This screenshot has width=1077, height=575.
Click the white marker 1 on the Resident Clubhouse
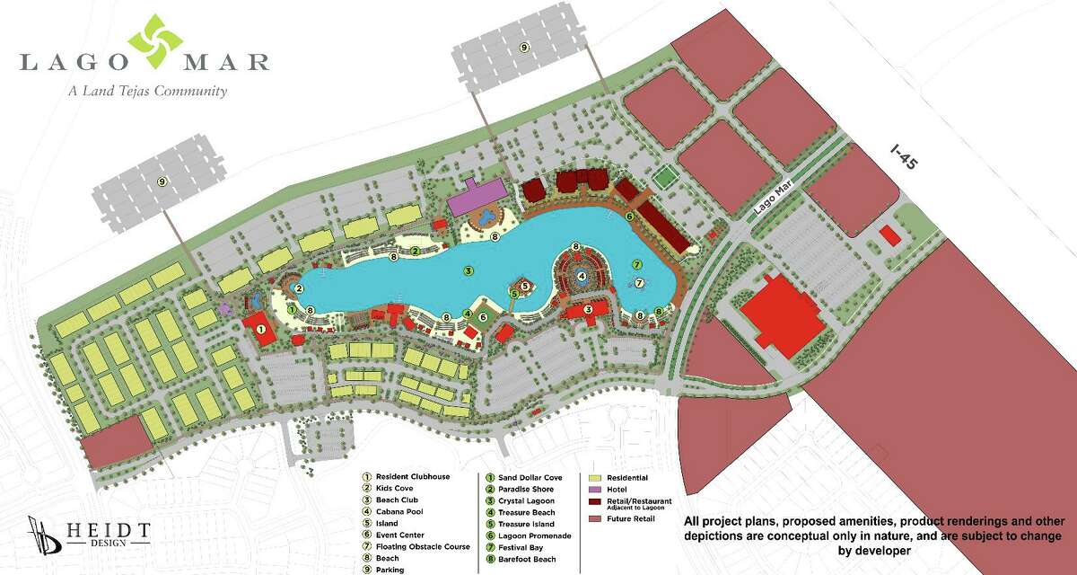pyautogui.click(x=260, y=331)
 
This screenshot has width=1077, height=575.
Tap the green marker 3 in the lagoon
pyautogui.click(x=467, y=269)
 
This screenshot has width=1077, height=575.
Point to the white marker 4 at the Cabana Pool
pyautogui.click(x=582, y=276)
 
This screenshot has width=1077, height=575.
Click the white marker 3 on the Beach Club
pyautogui.click(x=588, y=310)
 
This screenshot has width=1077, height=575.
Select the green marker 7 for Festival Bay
pyautogui.click(x=636, y=264)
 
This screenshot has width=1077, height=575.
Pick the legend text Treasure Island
pyautogui.click(x=528, y=524)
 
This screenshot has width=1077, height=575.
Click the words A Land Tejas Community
pyautogui.click(x=147, y=91)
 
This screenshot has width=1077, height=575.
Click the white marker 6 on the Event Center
pyautogui.click(x=483, y=316)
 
